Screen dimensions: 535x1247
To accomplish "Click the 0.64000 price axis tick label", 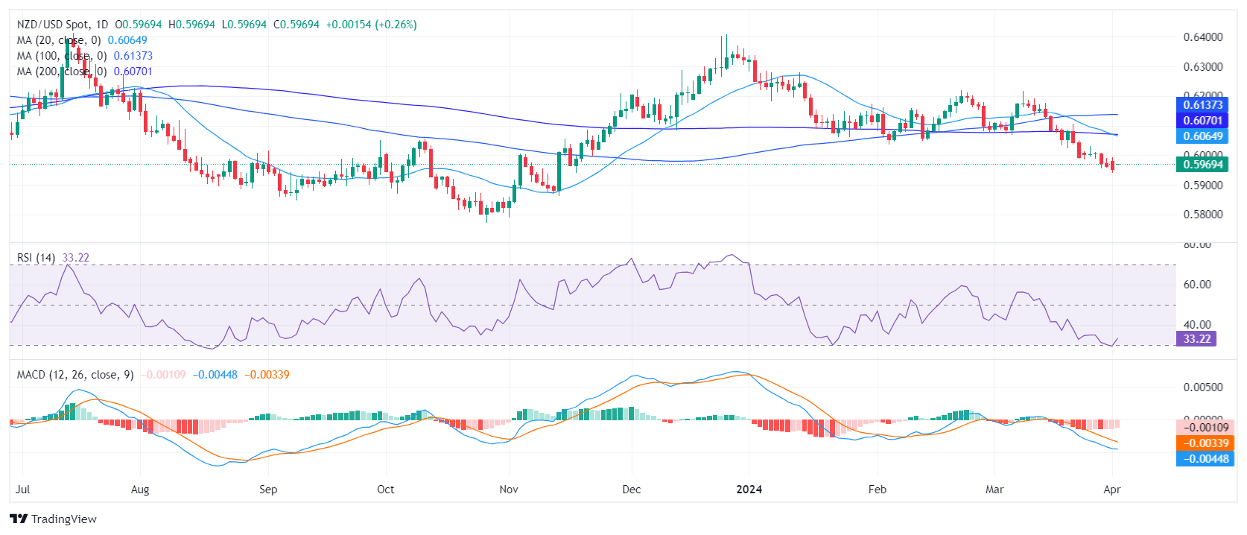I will tap(1202, 37).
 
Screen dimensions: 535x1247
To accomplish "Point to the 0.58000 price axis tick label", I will tap(1202, 215).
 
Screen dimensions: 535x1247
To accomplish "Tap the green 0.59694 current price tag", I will tap(1202, 165).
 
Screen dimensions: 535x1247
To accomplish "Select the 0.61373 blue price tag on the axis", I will tap(1202, 105).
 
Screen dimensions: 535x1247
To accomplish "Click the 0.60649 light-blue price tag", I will tap(1202, 136).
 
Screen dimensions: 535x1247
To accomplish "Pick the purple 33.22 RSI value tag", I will tap(1196, 339).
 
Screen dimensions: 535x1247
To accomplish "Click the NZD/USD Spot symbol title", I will tap(51, 25).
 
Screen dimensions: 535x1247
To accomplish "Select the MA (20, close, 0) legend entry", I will tap(59, 40).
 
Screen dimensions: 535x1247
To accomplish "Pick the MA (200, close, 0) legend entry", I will tap(61, 72).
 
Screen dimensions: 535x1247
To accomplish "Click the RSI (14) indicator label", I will tap(36, 258).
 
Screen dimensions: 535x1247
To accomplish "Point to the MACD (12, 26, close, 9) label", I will tap(75, 375).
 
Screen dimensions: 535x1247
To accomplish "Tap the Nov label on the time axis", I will tap(509, 490).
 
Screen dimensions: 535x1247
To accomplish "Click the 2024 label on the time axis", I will tap(749, 490).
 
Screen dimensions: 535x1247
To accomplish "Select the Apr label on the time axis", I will tap(1111, 490).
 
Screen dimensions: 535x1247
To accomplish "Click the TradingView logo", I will tap(54, 519).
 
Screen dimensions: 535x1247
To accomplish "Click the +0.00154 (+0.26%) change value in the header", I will tap(371, 25).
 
